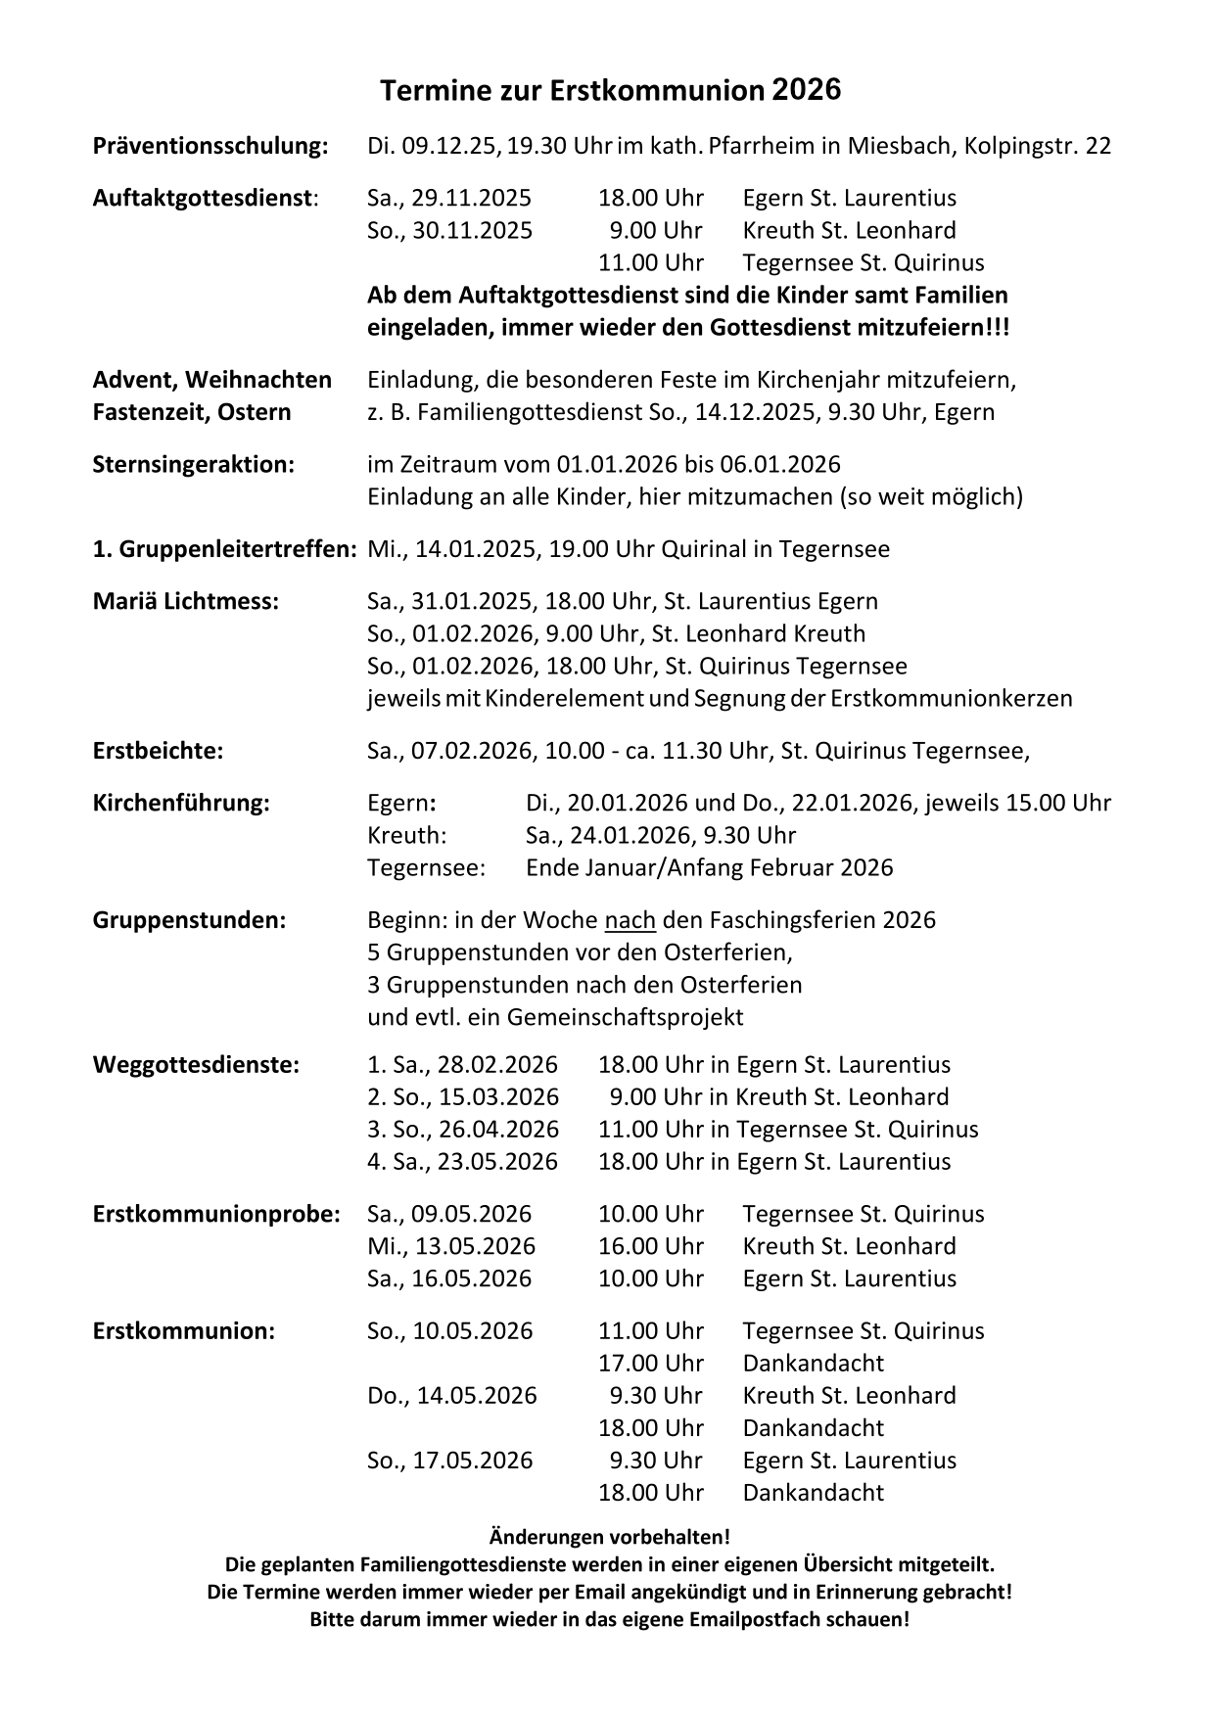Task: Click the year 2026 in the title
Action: click(x=806, y=90)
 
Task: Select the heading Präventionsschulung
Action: click(x=210, y=147)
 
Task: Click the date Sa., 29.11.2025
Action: click(x=449, y=199)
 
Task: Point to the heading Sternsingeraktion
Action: click(x=193, y=464)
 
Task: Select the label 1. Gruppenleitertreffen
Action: click(x=224, y=549)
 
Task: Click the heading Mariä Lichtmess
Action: click(x=186, y=601)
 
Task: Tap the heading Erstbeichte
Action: click(x=158, y=751)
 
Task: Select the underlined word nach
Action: click(x=630, y=920)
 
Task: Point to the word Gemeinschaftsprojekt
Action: click(x=625, y=1017)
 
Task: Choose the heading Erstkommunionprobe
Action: click(x=216, y=1214)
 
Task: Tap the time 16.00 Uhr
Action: click(x=651, y=1246)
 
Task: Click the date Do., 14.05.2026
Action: click(x=452, y=1396)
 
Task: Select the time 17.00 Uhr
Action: click(x=651, y=1364)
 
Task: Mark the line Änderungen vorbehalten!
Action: click(x=609, y=1538)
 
